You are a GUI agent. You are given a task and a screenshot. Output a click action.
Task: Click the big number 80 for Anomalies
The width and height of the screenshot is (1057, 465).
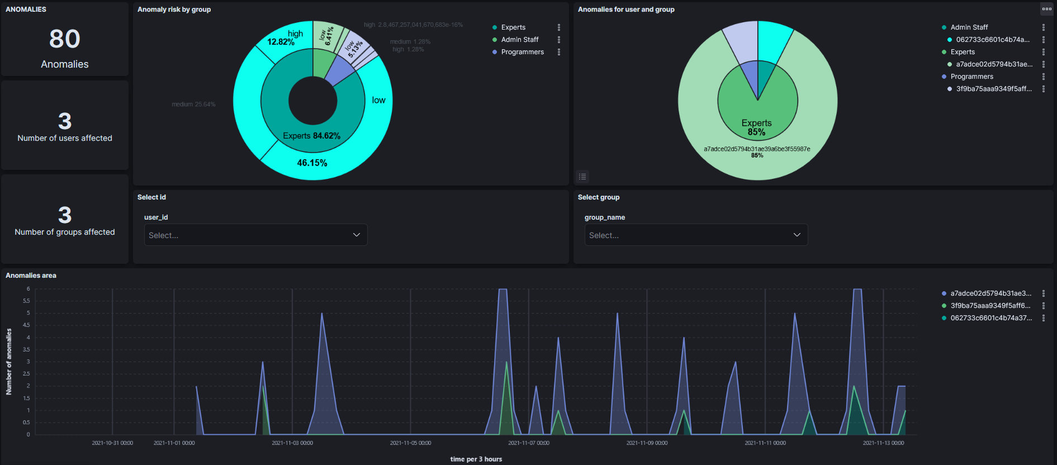[x=65, y=39]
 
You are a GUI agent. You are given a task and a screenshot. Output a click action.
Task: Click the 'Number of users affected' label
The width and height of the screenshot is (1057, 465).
[x=65, y=138]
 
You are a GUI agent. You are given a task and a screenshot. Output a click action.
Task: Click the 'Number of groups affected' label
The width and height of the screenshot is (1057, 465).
[x=65, y=232]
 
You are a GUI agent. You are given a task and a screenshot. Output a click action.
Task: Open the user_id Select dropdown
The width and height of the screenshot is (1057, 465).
[x=255, y=235]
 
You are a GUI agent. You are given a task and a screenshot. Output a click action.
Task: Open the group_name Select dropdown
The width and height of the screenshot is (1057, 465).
[x=696, y=235]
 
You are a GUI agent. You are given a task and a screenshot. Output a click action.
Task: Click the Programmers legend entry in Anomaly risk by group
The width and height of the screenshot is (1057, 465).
[x=522, y=52]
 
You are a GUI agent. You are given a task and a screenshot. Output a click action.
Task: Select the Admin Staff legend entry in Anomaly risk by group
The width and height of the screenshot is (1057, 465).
[x=519, y=40]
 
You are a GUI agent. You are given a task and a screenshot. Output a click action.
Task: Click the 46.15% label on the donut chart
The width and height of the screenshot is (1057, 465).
[x=312, y=163]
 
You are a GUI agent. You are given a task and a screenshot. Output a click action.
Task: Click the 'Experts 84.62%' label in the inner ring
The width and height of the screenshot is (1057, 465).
[x=311, y=136]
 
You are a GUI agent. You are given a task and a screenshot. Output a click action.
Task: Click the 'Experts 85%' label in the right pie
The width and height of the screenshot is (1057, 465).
[x=756, y=127]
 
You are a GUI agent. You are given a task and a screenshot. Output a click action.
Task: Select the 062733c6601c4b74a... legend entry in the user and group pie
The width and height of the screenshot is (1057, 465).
[x=992, y=40]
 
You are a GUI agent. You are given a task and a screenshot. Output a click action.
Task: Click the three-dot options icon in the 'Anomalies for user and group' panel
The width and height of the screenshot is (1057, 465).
[x=1046, y=9]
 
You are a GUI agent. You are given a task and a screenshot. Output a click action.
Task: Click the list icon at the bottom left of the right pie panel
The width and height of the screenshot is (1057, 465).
[x=582, y=177]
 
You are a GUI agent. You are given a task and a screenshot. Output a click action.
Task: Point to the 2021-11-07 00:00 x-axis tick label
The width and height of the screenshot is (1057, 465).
[x=528, y=443]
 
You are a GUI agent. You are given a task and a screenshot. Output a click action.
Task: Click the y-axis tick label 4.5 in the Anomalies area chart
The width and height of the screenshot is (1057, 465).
[x=26, y=325]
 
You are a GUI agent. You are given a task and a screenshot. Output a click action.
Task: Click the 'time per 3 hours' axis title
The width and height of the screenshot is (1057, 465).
[x=476, y=459]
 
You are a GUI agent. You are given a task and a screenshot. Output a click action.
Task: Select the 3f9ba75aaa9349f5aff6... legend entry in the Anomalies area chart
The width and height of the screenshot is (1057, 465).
[x=990, y=306]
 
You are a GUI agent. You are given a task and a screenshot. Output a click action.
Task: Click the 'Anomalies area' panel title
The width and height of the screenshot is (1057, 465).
[x=31, y=276]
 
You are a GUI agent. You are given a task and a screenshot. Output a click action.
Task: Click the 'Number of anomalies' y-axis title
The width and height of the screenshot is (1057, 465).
[x=9, y=362]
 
